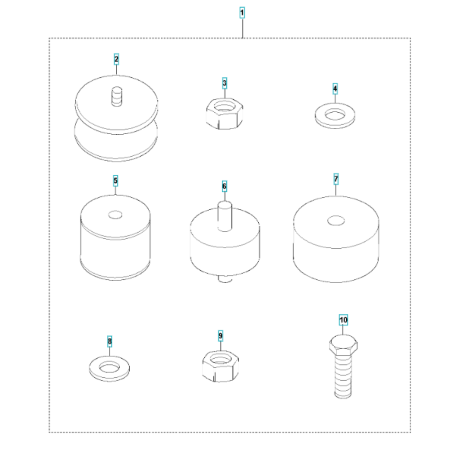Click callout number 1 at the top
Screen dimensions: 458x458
coord(242,12)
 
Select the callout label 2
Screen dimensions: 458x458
coord(116,59)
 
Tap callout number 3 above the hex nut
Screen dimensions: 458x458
coord(224,83)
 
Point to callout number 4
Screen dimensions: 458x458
coord(335,88)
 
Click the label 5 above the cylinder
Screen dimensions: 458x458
coord(115,181)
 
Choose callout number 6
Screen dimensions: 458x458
coord(224,186)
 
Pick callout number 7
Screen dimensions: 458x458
coord(336,179)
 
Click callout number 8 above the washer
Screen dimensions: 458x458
coord(109,341)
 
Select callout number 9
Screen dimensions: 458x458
coord(221,336)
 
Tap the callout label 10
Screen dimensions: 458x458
coord(343,320)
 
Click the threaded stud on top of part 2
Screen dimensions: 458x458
coord(117,96)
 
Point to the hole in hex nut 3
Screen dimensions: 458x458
coord(224,106)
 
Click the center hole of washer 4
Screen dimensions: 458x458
coord(335,114)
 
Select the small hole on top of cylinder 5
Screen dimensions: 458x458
coord(115,215)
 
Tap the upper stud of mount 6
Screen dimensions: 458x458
coord(225,216)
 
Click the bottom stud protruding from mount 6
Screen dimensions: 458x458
coord(225,279)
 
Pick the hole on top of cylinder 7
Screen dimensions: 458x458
coord(336,221)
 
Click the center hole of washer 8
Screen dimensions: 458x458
coord(109,367)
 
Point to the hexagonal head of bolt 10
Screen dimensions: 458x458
coord(343,345)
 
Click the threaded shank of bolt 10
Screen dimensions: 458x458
coord(343,376)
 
